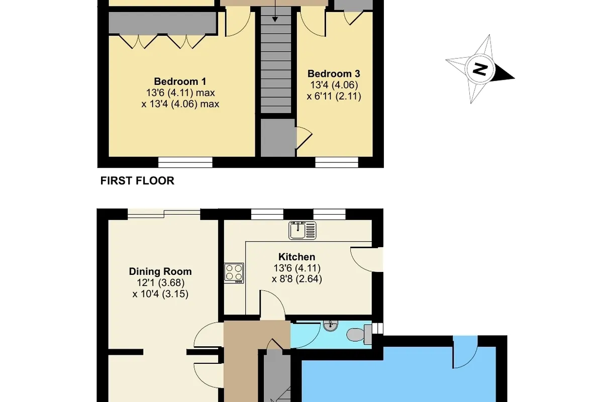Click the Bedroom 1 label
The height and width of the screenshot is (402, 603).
coord(180,81)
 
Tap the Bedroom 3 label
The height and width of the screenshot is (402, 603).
coord(334,73)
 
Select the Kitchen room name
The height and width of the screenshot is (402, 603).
coord(296,257)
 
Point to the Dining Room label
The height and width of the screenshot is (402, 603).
coord(160,271)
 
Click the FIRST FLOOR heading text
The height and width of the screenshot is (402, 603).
coord(137,181)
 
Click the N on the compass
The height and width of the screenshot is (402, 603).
coord(480,69)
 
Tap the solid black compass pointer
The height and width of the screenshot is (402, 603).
coord(504,73)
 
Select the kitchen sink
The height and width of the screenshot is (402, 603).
coord(303,230)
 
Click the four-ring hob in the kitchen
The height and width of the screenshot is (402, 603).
coord(234,273)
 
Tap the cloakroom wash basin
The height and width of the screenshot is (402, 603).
coord(330,326)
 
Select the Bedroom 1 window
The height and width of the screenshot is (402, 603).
coord(185,162)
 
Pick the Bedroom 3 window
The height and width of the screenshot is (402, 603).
coord(337,162)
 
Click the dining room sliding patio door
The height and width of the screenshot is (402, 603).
coord(164,213)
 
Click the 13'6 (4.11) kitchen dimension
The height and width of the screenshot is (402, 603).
coord(297,268)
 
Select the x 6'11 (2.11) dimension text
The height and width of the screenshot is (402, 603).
coord(334,96)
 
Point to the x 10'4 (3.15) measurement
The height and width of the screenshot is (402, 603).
coord(160,294)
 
